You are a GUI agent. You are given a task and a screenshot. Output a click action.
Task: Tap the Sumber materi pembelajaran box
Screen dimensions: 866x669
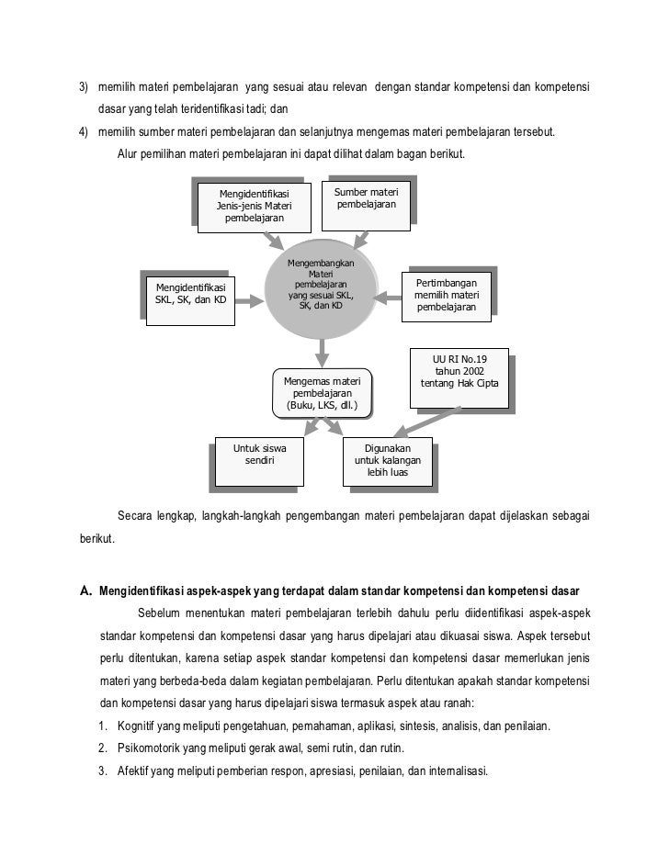[366, 198]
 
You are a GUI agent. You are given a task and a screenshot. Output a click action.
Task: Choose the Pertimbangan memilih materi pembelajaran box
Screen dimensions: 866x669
[447, 295]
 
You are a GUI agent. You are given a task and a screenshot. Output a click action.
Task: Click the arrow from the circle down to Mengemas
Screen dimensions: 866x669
[322, 351]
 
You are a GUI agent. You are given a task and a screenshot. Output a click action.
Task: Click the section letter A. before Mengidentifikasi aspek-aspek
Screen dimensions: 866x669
[86, 590]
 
